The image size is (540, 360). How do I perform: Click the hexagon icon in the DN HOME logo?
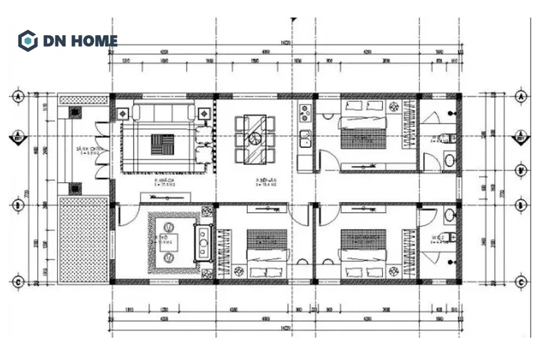point(27,41)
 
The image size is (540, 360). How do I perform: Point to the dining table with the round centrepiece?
point(255,138)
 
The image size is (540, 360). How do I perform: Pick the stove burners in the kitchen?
point(304,111)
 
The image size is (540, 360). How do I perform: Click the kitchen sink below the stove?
point(304,139)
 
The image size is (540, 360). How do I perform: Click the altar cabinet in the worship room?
point(201,240)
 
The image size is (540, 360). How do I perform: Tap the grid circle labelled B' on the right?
point(521,171)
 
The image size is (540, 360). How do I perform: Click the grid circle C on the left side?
point(18,281)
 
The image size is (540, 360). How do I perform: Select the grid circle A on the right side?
point(521,97)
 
